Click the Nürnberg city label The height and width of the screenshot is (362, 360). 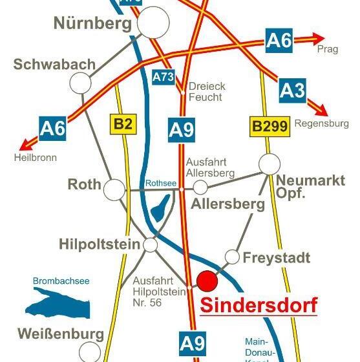(x=92, y=24)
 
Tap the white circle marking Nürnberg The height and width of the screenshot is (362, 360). (x=153, y=23)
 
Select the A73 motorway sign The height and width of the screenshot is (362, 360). (x=164, y=77)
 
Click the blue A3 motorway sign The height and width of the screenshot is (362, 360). (x=292, y=90)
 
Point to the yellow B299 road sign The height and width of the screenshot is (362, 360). (x=269, y=127)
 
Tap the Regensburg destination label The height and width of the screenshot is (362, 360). (x=321, y=123)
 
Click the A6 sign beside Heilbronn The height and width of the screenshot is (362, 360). (x=53, y=128)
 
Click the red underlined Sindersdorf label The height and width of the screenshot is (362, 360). (x=259, y=304)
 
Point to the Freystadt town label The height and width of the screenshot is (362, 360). (x=277, y=258)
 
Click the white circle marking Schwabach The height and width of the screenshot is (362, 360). (x=81, y=82)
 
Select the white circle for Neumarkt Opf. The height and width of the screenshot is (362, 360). (x=270, y=164)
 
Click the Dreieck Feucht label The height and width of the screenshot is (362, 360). (x=205, y=91)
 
